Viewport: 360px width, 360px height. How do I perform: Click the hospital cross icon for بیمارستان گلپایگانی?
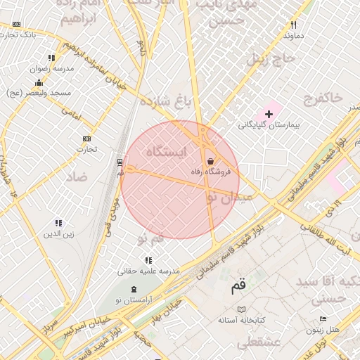[269, 113]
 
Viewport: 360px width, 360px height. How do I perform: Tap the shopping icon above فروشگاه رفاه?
[211, 161]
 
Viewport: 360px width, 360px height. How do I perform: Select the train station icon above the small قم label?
[120, 162]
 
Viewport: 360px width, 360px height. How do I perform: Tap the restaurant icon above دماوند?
[293, 25]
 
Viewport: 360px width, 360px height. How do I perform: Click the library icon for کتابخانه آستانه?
[242, 309]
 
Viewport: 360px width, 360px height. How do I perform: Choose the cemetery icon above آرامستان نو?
[134, 289]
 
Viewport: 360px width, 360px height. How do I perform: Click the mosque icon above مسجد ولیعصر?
[38, 83]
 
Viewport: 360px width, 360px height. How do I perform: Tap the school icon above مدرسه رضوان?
[51, 58]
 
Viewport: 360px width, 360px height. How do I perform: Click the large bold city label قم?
[239, 287]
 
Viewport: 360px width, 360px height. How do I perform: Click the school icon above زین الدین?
[59, 223]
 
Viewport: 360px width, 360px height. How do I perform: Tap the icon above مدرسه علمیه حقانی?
[148, 260]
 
